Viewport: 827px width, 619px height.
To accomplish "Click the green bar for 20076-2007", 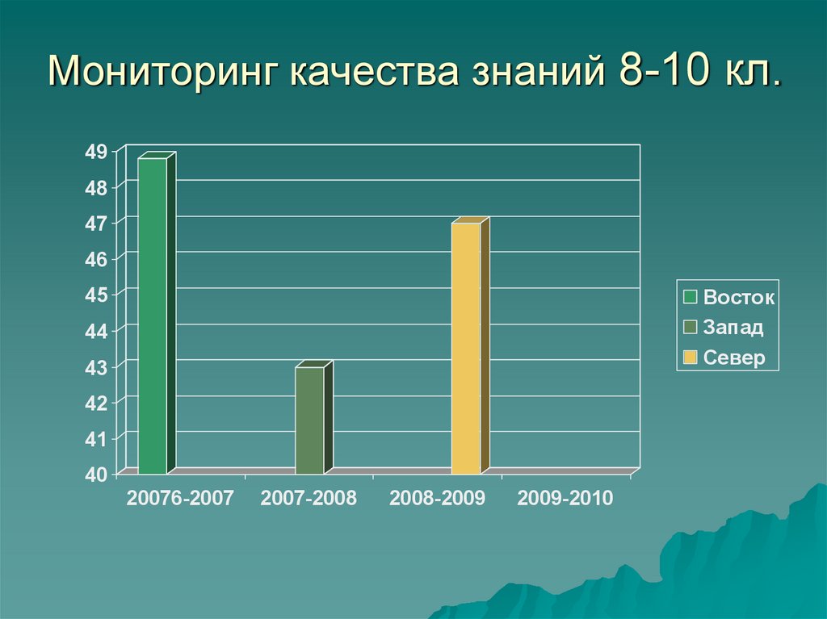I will [x=153, y=316].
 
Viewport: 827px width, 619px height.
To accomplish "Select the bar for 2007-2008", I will [x=309, y=420].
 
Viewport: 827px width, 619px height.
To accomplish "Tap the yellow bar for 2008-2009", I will [x=466, y=348].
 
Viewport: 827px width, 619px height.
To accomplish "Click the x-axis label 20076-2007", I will [x=179, y=498].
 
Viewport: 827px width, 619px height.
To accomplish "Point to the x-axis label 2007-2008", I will [x=309, y=498].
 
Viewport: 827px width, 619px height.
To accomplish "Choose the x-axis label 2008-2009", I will [x=437, y=498].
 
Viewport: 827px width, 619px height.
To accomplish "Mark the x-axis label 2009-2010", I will [x=565, y=498].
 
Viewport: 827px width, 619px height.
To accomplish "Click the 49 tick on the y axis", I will [x=96, y=151].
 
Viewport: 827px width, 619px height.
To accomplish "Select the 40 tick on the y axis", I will [x=96, y=475].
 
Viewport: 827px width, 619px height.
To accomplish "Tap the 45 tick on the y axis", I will [x=96, y=295].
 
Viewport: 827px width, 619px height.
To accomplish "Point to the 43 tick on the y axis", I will [x=96, y=367].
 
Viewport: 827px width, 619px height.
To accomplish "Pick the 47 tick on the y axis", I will [x=96, y=224].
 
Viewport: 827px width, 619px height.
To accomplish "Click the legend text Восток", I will [x=738, y=297].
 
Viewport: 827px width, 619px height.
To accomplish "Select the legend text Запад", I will [x=733, y=328].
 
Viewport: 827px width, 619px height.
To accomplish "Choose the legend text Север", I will [x=733, y=358].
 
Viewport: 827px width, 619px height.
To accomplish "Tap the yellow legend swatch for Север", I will [x=690, y=358].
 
